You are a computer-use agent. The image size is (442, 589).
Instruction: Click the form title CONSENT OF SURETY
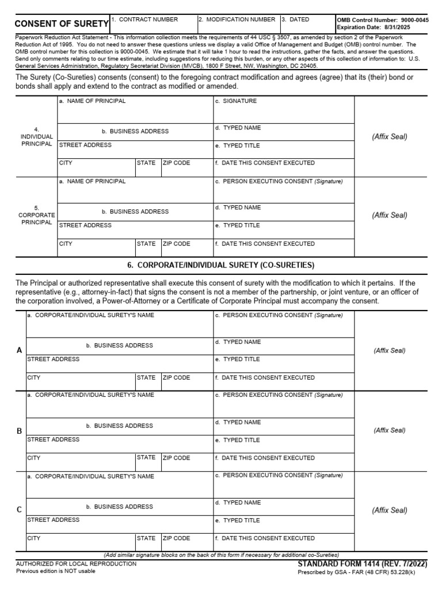coord(61,24)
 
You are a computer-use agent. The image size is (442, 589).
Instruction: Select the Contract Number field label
coord(144,20)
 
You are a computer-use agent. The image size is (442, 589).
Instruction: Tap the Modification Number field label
coord(237,20)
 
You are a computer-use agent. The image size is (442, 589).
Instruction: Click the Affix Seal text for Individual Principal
coord(389,137)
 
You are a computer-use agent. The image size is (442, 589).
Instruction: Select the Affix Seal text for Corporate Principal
coord(389,216)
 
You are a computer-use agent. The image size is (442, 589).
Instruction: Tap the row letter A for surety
coord(20,350)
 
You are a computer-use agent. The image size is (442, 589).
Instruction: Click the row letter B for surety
coord(20,431)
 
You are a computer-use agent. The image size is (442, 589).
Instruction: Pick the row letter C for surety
coord(20,510)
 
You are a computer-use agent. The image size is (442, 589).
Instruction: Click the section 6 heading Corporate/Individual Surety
coord(221,265)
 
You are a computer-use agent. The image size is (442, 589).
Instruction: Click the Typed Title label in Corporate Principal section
coord(237,225)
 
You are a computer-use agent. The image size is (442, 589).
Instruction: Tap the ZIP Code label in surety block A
coord(176,378)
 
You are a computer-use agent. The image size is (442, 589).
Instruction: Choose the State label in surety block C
coord(146,538)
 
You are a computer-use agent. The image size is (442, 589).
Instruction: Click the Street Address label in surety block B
coord(54,439)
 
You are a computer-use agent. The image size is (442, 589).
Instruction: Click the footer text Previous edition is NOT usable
coord(56,571)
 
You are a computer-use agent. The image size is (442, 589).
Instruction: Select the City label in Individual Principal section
coord(66,163)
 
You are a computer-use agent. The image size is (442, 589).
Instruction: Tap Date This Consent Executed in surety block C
coord(264,538)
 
